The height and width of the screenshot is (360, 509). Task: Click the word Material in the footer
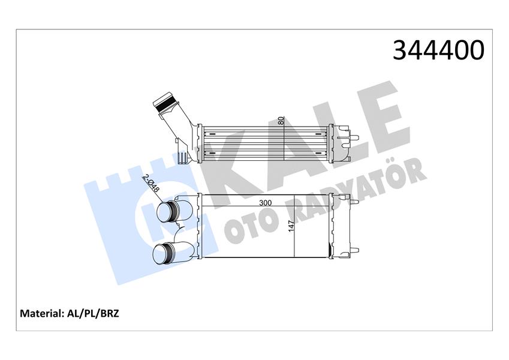click(43, 313)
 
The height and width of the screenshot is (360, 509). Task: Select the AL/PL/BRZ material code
click(94, 313)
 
